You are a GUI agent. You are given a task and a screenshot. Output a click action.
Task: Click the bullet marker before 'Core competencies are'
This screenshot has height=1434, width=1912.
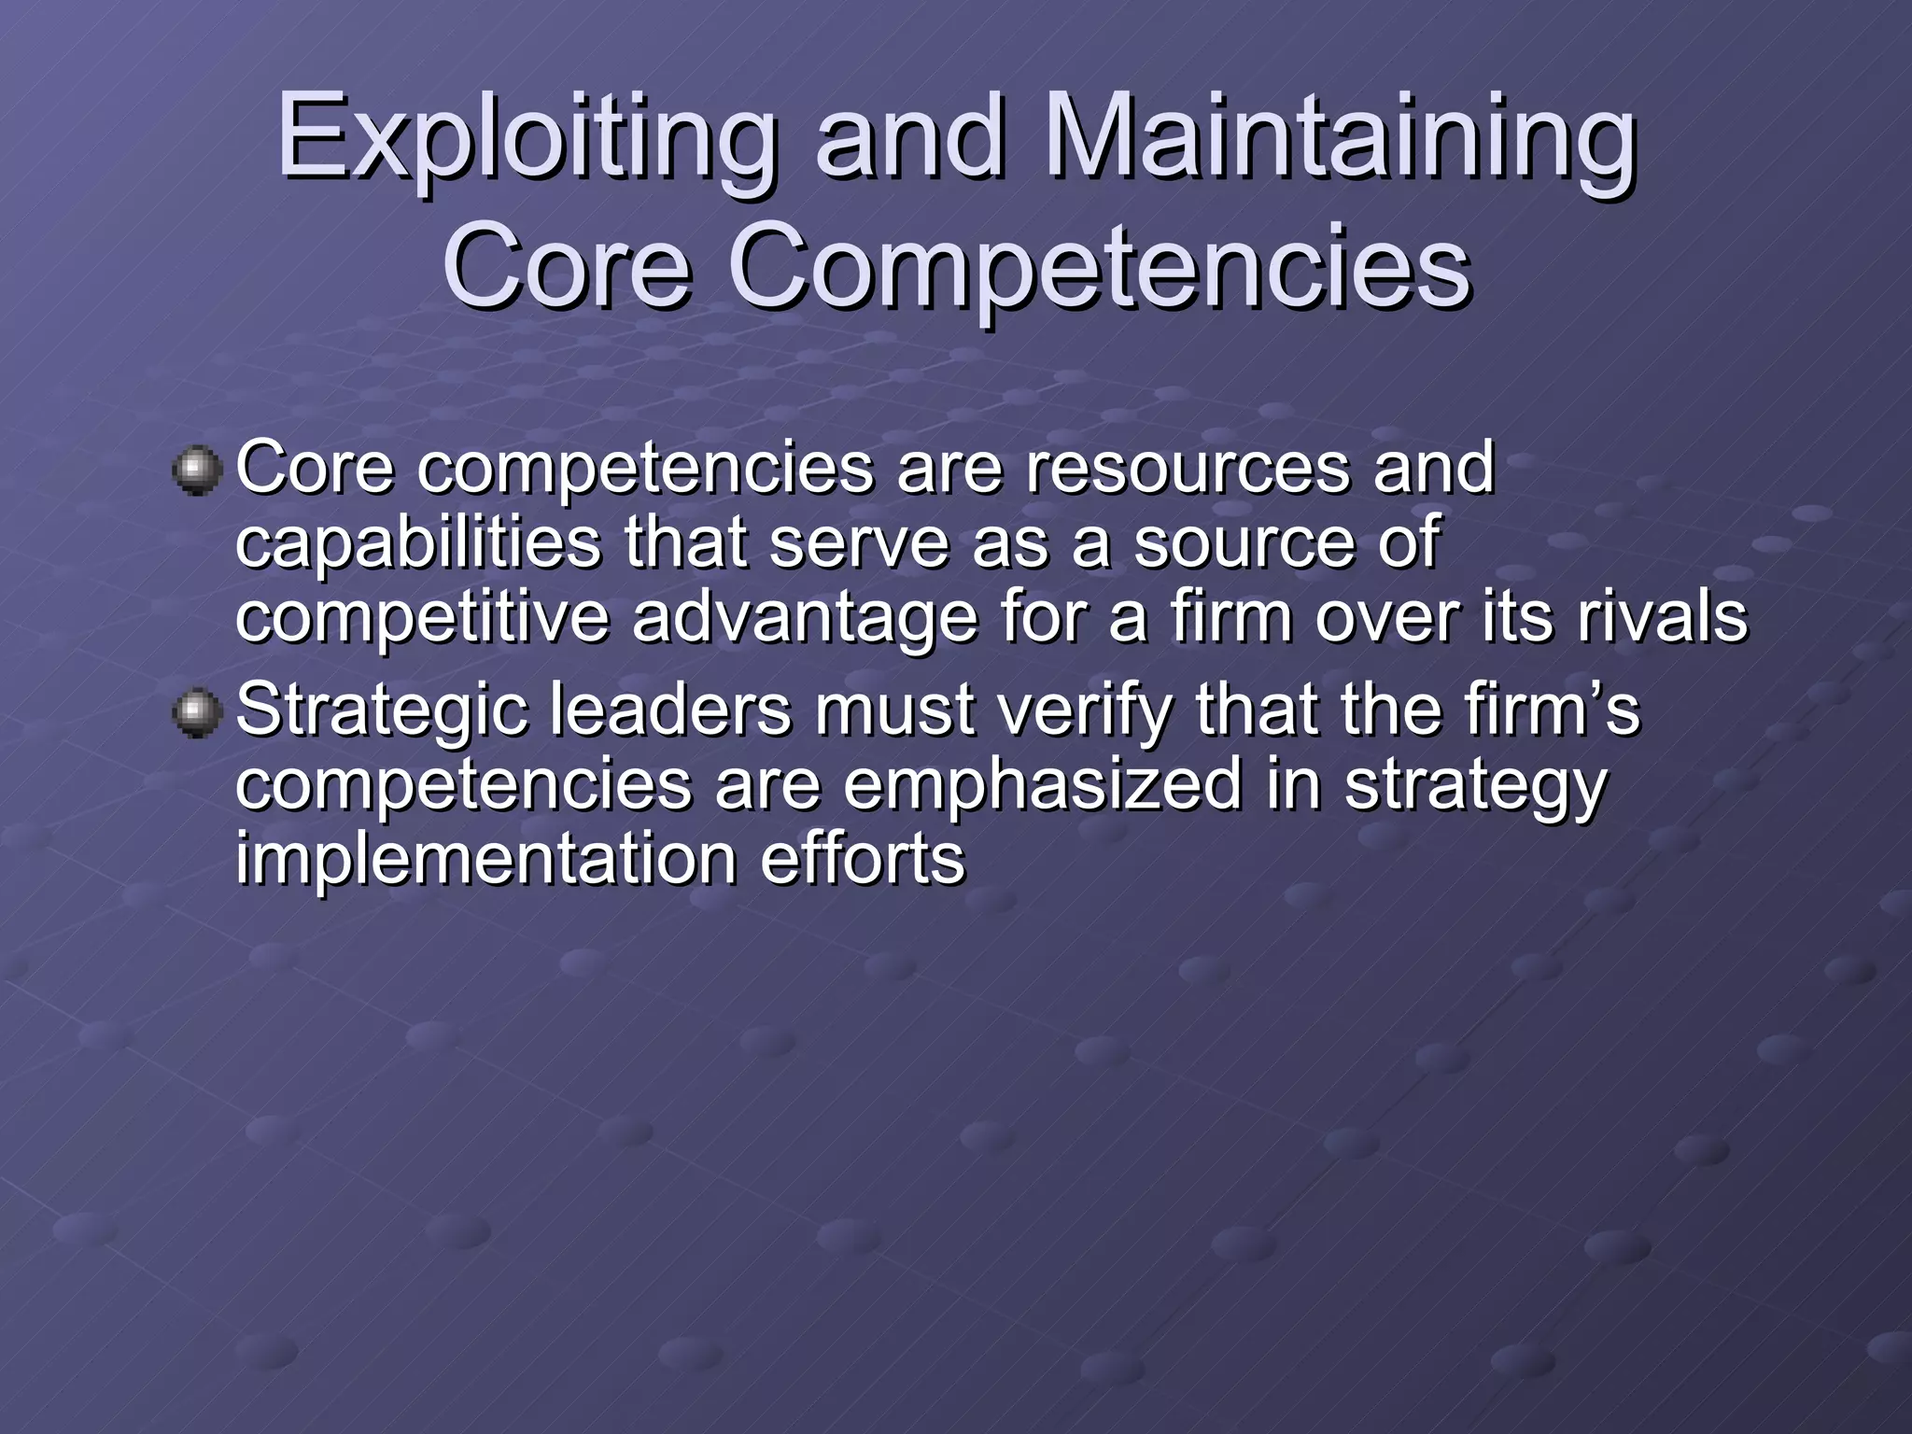pyautogui.click(x=197, y=469)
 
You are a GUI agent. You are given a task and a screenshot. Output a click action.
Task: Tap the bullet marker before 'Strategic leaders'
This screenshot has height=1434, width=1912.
pyautogui.click(x=197, y=713)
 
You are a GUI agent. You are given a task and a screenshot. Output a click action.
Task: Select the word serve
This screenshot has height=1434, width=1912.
pyautogui.click(x=859, y=543)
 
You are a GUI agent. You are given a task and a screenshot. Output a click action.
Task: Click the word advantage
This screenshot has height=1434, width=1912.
pyautogui.click(x=804, y=618)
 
